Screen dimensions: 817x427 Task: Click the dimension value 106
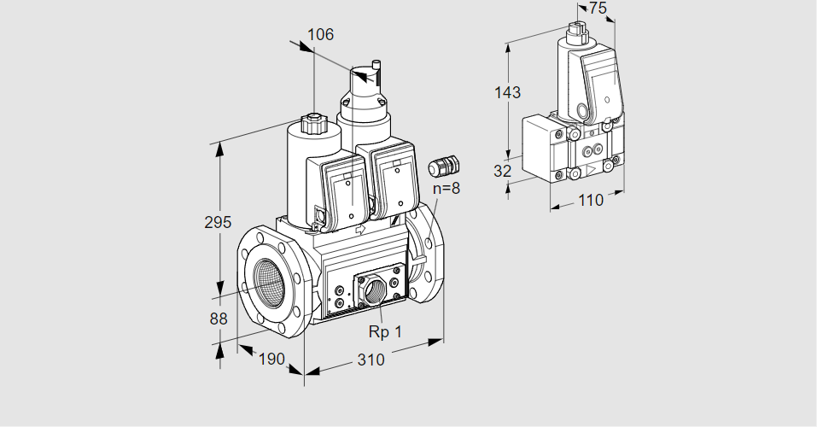coord(320,34)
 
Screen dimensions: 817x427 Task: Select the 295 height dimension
coord(218,222)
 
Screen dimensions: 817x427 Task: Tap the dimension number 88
coord(219,319)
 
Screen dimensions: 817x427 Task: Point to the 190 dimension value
coord(271,359)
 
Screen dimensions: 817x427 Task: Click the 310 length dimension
coord(371,360)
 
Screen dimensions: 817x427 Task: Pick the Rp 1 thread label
coord(385,331)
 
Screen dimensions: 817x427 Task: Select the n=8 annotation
coord(446,188)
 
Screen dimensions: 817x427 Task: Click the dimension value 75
coord(598,8)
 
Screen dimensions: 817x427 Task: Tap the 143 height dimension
coord(507,92)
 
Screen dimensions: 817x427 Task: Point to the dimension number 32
coord(502,171)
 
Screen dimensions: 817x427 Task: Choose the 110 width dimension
coord(591,200)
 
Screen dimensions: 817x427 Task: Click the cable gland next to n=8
coord(443,165)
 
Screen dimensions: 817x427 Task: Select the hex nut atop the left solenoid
coord(313,124)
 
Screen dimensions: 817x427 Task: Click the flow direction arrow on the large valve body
coord(360,229)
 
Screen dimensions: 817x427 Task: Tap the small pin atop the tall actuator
coord(377,65)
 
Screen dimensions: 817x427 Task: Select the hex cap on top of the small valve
coord(577,29)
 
